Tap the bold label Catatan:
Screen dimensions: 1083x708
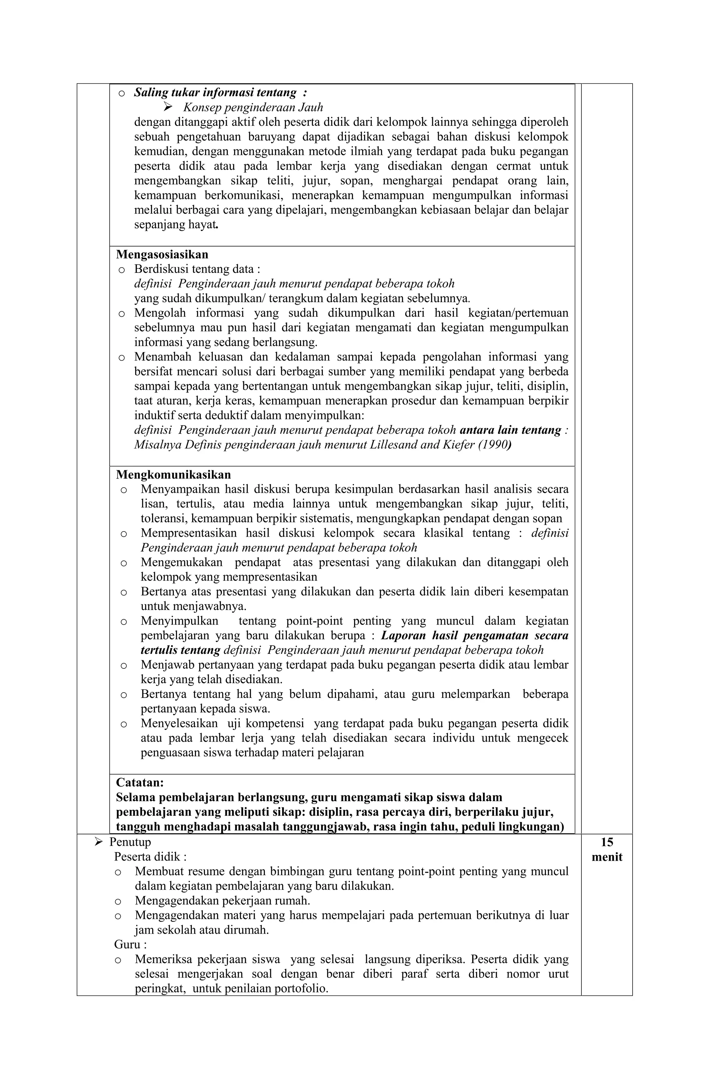(140, 782)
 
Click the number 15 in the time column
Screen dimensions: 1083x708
(606, 842)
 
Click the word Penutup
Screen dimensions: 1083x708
(130, 842)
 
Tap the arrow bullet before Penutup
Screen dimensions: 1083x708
(98, 842)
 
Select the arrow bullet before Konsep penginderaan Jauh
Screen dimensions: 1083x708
(168, 107)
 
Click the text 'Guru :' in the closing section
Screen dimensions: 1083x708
(127, 944)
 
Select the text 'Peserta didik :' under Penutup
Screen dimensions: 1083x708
(150, 857)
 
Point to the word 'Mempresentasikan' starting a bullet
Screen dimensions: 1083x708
(189, 533)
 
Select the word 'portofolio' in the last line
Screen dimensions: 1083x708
(302, 989)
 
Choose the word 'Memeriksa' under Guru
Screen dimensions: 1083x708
(162, 959)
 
